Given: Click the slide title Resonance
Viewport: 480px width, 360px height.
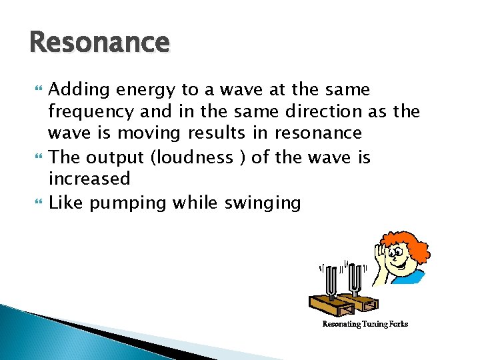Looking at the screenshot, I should [x=99, y=43].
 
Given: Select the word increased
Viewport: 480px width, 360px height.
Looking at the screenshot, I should [x=89, y=179].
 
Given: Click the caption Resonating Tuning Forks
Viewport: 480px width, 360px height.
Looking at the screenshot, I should [x=365, y=324].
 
